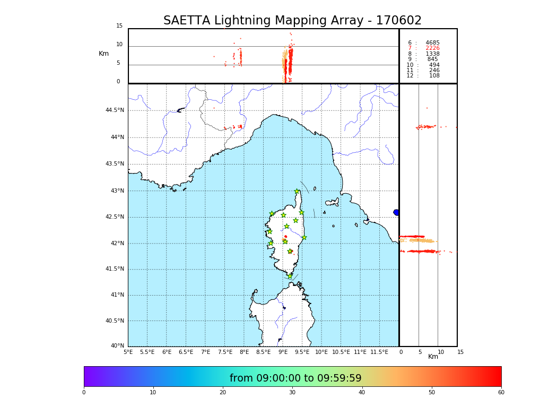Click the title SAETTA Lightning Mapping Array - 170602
[292, 21]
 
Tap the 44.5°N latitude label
[115, 110]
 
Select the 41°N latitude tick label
[117, 295]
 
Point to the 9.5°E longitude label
[302, 352]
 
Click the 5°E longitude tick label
[128, 352]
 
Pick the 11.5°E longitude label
[379, 352]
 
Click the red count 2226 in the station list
[432, 48]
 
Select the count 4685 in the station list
[432, 43]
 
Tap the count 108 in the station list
[434, 76]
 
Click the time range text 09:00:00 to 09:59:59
[295, 378]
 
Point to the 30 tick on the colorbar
[292, 392]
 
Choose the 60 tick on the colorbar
[501, 392]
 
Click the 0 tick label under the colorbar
[84, 392]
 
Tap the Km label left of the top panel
[103, 54]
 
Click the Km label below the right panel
[433, 357]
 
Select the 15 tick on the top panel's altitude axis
[119, 26]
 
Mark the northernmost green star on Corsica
[297, 192]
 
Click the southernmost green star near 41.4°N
[290, 276]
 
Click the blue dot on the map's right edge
[396, 212]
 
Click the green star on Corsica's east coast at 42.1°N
[304, 237]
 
